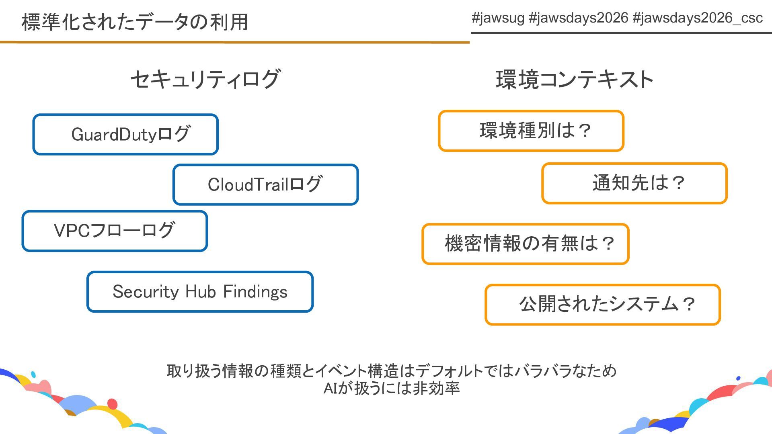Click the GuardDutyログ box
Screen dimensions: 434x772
(x=125, y=134)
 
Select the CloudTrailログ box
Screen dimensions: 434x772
(x=265, y=184)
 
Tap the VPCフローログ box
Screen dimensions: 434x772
(x=115, y=231)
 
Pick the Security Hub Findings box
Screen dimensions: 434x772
(x=200, y=292)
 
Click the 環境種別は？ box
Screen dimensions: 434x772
(x=531, y=131)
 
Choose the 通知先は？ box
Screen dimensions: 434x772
(x=634, y=183)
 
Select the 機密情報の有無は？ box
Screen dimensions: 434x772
(x=525, y=244)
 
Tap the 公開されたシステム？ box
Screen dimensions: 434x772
(x=602, y=305)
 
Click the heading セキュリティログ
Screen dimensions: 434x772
(x=205, y=79)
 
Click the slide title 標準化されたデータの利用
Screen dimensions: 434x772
(x=135, y=22)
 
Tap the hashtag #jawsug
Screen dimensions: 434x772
(x=498, y=18)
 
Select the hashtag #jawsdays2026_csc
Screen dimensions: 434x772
(x=698, y=18)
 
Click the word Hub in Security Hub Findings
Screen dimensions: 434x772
(x=201, y=292)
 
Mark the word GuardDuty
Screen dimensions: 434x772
(x=114, y=135)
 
